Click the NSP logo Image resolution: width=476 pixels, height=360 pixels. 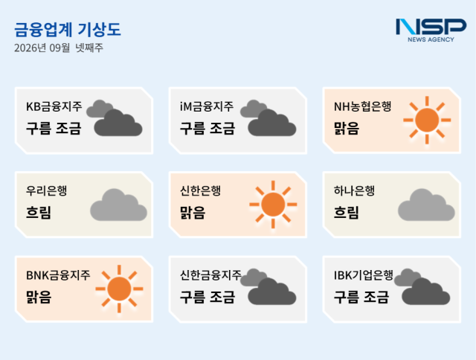[431, 30]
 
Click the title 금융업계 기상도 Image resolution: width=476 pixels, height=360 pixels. [68, 30]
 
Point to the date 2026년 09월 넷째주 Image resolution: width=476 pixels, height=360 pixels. [59, 48]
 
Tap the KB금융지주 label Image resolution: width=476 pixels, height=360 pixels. [54, 106]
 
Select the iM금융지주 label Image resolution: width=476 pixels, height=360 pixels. [207, 106]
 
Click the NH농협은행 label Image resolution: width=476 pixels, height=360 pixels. [362, 106]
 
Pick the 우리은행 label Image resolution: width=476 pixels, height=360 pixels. [46, 190]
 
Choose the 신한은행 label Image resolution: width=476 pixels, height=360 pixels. [200, 190]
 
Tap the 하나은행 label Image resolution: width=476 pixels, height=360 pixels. [354, 190]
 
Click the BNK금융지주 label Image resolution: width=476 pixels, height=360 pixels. [58, 275]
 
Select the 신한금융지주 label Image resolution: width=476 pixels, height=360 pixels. [210, 275]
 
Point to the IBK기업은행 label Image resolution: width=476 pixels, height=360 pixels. [364, 275]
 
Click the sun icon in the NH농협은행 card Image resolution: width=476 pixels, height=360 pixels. [427, 120]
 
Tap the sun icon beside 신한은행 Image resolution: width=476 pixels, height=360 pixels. [273, 205]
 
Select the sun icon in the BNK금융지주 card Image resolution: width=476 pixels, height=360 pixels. [119, 289]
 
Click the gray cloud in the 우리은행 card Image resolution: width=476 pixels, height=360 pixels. [119, 205]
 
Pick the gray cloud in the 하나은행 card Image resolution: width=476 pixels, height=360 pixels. [426, 205]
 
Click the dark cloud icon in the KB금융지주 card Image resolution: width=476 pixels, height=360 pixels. [115, 118]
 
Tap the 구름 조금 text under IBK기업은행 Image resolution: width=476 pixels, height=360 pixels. [361, 297]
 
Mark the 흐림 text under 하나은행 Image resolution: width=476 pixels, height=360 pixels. [347, 213]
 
